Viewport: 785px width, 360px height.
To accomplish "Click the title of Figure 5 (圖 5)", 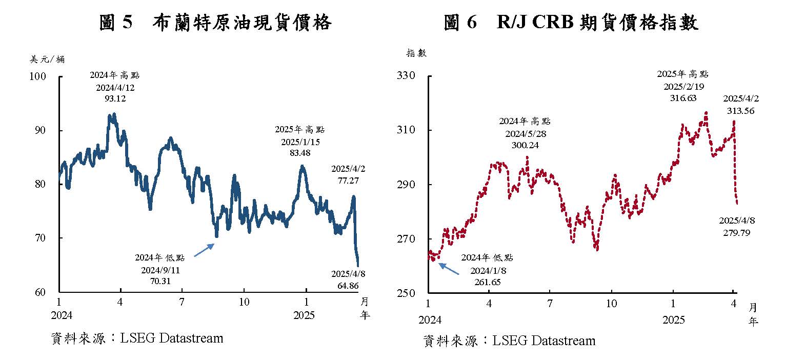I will pos(215,23).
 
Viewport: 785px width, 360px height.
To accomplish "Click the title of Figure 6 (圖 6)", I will pos(571,23).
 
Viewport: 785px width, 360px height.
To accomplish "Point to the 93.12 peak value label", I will pos(115,98).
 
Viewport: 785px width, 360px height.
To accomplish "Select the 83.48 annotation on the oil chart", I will pos(299,153).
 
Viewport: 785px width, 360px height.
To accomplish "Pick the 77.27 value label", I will pos(348,181).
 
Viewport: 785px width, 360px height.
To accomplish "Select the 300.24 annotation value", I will pos(525,145).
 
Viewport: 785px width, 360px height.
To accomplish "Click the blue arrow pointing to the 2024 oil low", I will pos(204,250).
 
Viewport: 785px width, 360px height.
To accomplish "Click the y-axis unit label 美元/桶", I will pos(48,59).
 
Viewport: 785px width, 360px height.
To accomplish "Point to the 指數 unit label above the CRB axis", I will pos(416,53).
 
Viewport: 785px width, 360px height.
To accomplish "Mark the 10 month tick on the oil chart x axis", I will pos(244,302).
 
